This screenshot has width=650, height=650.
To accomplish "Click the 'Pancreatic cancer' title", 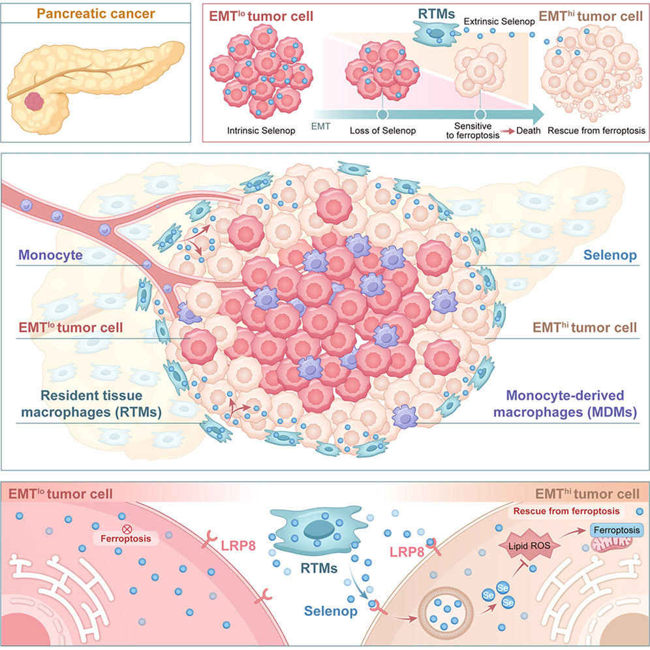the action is pyautogui.click(x=96, y=14).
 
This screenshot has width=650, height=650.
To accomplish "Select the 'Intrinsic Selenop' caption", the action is pyautogui.click(x=261, y=131).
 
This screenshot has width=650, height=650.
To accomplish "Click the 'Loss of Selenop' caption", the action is pyautogui.click(x=382, y=131).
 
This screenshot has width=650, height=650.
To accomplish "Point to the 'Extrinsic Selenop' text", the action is pyautogui.click(x=499, y=22).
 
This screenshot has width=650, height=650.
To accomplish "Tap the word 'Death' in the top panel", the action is pyautogui.click(x=528, y=131).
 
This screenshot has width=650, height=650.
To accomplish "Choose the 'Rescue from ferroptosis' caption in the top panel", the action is pyautogui.click(x=596, y=131).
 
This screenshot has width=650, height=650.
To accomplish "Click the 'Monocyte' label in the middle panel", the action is pyautogui.click(x=50, y=255).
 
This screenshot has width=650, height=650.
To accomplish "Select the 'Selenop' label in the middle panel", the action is pyautogui.click(x=610, y=255).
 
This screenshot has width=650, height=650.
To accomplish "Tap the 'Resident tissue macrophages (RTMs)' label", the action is pyautogui.click(x=91, y=404).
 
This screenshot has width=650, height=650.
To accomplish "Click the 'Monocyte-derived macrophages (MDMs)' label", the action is pyautogui.click(x=565, y=404).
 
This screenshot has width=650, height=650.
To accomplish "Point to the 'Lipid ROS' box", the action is pyautogui.click(x=529, y=546).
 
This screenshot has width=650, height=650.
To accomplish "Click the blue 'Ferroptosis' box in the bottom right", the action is pyautogui.click(x=617, y=530).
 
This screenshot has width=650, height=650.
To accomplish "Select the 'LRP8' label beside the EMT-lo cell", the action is pyautogui.click(x=238, y=546).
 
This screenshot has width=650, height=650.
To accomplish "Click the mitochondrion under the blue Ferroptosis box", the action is pyautogui.click(x=611, y=544).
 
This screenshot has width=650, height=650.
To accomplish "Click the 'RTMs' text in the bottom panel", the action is pyautogui.click(x=318, y=568).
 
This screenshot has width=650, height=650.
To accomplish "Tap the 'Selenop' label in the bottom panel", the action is pyautogui.click(x=330, y=611).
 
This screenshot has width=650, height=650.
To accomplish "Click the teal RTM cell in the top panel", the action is pyautogui.click(x=437, y=33).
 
